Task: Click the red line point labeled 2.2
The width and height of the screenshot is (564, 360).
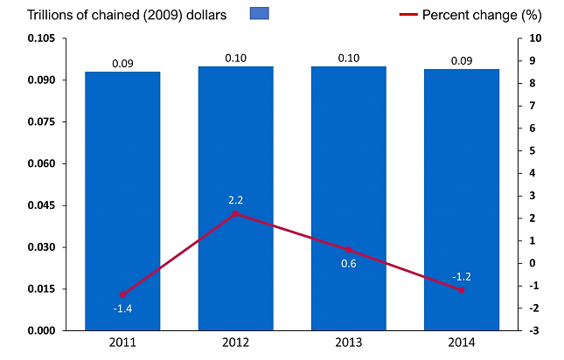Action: click(235, 213)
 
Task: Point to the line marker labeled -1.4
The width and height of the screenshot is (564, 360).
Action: click(122, 294)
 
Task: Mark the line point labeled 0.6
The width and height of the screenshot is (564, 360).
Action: click(348, 250)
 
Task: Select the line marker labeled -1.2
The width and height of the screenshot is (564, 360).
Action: click(462, 290)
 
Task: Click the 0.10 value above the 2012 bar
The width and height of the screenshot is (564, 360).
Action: click(235, 58)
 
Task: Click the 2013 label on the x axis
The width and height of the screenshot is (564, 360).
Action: click(348, 343)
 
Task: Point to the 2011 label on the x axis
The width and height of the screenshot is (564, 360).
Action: click(122, 343)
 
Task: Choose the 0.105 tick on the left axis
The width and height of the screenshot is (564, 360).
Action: click(41, 38)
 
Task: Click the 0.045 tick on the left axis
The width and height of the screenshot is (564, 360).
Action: click(41, 205)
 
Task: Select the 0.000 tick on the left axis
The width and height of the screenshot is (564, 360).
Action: click(41, 330)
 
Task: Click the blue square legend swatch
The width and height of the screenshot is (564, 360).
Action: click(260, 13)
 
